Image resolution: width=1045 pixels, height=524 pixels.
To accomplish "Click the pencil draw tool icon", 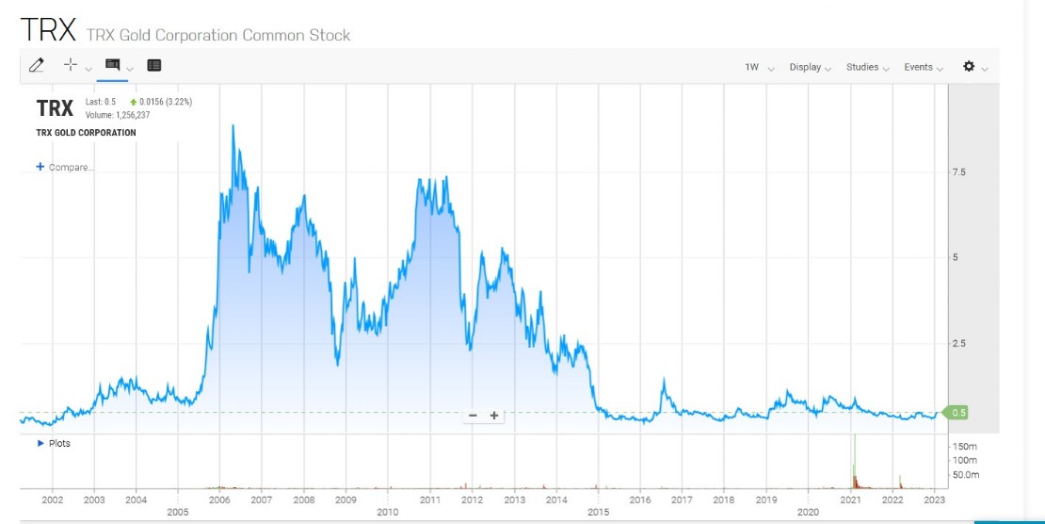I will coord(37,65).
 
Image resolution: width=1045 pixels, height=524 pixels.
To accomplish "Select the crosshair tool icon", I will coord(70,65).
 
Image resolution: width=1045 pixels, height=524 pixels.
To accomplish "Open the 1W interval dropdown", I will coord(753,67).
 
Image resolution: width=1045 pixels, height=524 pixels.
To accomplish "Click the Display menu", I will coord(806,67).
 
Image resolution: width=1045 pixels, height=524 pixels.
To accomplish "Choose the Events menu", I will coord(919,67).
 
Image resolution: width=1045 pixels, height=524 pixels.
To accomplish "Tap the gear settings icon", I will coord(969,66).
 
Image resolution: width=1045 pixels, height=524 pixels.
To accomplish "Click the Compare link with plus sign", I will coord(65,167).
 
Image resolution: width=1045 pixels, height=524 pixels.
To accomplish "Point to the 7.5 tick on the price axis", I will coord(958,172).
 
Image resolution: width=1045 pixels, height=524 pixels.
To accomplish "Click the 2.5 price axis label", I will coord(958,343).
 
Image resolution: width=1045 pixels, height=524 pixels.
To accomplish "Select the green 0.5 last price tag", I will coord(957,412).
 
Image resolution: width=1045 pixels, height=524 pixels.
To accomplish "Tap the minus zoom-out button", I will coord(473,416).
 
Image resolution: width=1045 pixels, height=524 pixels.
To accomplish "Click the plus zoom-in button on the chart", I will coord(493,416).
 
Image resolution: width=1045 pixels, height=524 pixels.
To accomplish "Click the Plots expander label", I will coord(58,443).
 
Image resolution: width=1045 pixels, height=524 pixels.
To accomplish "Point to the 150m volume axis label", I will coord(964,446).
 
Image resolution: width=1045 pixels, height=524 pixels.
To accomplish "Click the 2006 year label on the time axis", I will coord(219,499).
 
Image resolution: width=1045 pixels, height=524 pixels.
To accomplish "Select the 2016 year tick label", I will coord(640,499).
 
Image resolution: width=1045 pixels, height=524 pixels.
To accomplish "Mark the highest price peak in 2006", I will coord(233,125).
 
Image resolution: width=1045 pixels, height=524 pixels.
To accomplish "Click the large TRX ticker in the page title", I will coord(47,30).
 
